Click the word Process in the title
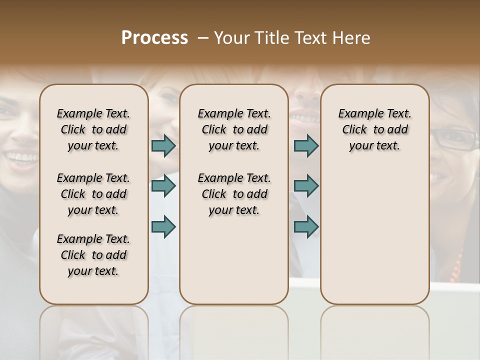pyautogui.click(x=154, y=37)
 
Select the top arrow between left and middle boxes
pyautogui.click(x=163, y=145)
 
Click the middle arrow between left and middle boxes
pyautogui.click(x=163, y=186)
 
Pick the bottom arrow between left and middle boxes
pyautogui.click(x=163, y=226)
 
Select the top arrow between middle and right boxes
pyautogui.click(x=306, y=145)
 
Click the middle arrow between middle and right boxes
pyautogui.click(x=306, y=186)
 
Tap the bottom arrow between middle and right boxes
pyautogui.click(x=306, y=226)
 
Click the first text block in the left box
pyautogui.click(x=93, y=129)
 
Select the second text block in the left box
pyautogui.click(x=93, y=194)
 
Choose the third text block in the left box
pyautogui.click(x=93, y=255)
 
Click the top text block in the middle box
pyautogui.click(x=234, y=129)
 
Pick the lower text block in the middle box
pyautogui.click(x=234, y=194)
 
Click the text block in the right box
pyautogui.click(x=374, y=129)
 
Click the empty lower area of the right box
pyautogui.click(x=374, y=230)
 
